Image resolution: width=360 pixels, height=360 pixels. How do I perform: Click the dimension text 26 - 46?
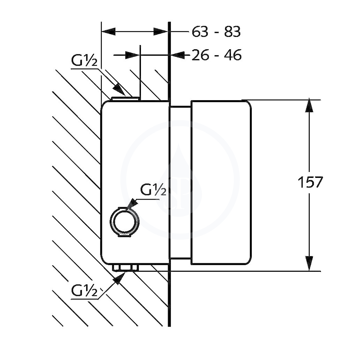(217, 55)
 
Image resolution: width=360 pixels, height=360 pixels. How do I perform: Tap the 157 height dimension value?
(310, 182)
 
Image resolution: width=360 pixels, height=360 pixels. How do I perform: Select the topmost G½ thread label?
(84, 61)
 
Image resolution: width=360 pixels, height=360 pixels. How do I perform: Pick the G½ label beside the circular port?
(153, 190)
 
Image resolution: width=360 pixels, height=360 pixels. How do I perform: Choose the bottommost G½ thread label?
(84, 291)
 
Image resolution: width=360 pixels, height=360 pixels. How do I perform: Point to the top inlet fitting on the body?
(125, 99)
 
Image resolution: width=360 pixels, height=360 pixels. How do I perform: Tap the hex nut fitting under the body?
(125, 268)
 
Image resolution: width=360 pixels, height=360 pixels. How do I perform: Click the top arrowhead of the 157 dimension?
(309, 105)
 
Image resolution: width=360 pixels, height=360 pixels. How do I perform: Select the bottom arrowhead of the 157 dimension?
(309, 264)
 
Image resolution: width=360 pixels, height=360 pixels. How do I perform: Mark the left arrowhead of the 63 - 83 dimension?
(109, 32)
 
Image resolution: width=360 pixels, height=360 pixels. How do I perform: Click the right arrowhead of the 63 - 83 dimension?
(161, 32)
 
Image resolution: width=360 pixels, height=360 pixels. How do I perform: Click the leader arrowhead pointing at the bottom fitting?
(120, 278)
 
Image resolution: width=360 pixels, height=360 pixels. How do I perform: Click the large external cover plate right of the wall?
(221, 182)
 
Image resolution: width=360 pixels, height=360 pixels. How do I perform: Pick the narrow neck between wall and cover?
(180, 182)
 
